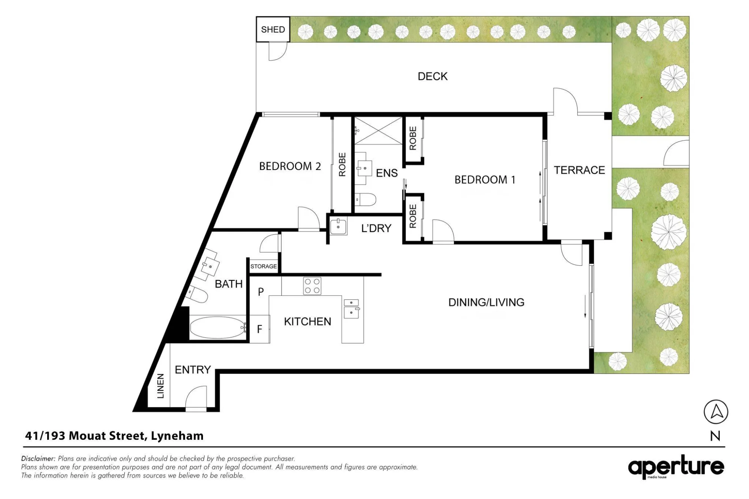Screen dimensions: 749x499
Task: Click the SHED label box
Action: [273, 29]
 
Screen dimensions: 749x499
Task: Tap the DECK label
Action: [433, 76]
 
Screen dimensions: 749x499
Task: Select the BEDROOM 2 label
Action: [290, 166]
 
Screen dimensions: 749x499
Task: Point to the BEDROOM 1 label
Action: [485, 180]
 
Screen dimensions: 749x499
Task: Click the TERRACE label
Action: [579, 170]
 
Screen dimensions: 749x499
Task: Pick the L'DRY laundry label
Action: [376, 228]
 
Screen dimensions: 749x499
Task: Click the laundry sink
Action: [339, 226]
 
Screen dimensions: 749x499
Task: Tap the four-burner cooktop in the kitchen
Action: [312, 286]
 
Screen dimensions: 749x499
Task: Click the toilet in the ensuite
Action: [365, 200]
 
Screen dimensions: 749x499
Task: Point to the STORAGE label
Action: [264, 267]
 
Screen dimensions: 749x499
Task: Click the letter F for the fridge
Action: [260, 329]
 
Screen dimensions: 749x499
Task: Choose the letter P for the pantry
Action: [261, 292]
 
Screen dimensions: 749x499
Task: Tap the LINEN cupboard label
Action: [160, 386]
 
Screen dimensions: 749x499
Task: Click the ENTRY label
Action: [193, 370]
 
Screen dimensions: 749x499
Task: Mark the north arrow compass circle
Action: [716, 412]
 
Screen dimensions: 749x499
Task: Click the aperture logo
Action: [676, 467]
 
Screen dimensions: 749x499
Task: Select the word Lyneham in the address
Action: [177, 436]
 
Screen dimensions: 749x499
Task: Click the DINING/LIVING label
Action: [486, 302]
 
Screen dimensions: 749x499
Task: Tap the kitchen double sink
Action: [351, 308]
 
